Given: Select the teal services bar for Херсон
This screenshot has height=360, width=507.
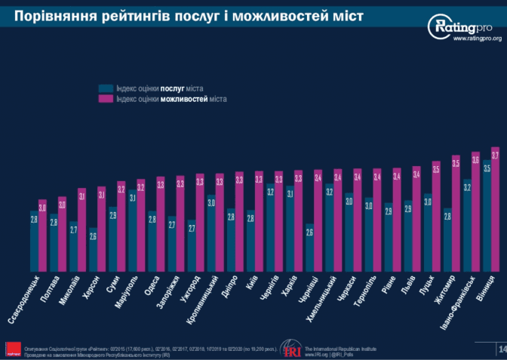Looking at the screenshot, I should [93, 249].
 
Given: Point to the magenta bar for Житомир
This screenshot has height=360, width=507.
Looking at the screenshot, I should [456, 214].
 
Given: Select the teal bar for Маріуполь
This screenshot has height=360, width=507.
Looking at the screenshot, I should [132, 229].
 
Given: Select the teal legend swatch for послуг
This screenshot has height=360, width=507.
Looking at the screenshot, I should [106, 88].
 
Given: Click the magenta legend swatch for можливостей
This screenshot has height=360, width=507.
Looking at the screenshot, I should [106, 99].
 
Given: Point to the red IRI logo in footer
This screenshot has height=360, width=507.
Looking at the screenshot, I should [290, 349].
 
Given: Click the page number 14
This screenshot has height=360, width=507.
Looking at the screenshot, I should [501, 349].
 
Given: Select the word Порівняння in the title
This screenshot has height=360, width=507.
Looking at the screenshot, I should [54, 15].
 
